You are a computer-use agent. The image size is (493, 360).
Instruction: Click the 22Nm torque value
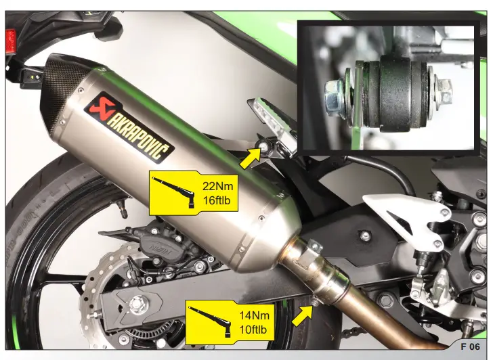[217, 185]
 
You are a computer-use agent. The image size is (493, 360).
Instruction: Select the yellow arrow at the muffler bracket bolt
[250, 158]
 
